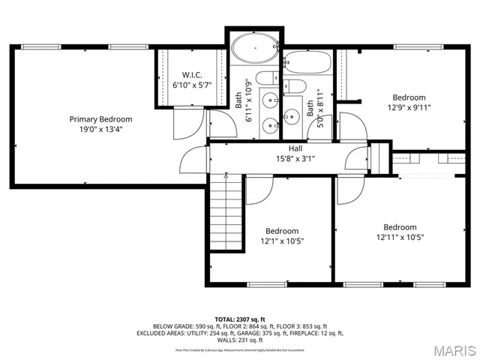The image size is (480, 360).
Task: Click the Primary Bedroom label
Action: point(100,119)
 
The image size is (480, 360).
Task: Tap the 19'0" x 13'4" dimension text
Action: point(100,129)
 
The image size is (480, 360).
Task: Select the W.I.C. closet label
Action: point(193,75)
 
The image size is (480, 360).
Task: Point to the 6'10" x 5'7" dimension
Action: point(192,85)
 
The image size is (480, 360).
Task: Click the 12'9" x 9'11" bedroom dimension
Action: point(409,107)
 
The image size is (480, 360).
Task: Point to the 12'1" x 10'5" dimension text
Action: point(281,241)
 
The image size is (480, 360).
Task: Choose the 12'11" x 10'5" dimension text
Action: point(400,238)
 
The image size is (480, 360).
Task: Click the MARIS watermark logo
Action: point(454,350)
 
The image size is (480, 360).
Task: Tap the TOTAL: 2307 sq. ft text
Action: point(240,319)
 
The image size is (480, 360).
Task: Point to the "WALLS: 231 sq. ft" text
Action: point(240,340)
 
